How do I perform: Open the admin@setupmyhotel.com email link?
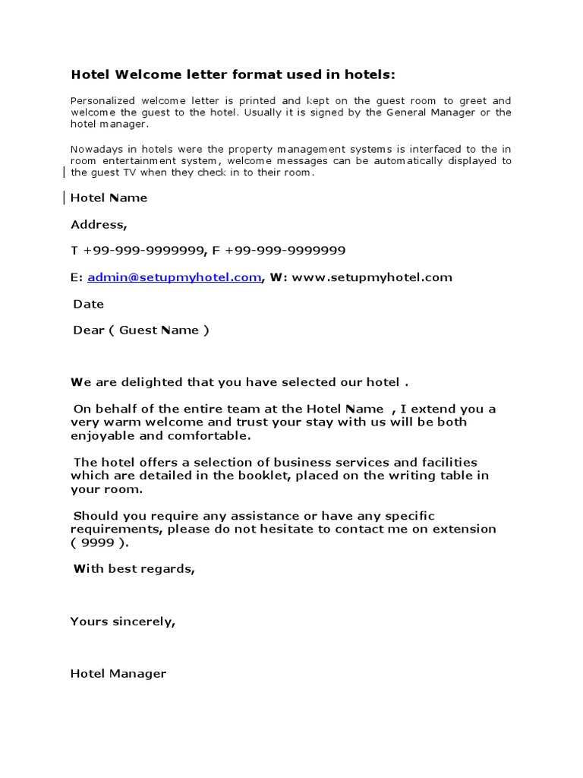[174, 277]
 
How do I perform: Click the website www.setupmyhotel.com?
[371, 277]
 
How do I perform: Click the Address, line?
[99, 225]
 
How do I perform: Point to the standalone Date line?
[88, 304]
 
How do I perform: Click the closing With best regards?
[134, 568]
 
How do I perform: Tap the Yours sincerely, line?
[122, 621]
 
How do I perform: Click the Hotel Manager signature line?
[118, 674]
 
